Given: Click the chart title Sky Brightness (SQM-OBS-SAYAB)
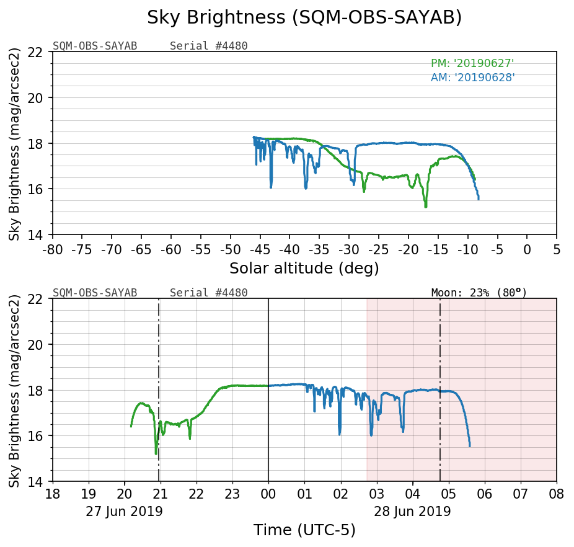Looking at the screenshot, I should pyautogui.click(x=304, y=18).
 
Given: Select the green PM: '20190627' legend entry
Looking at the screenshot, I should pyautogui.click(x=472, y=63).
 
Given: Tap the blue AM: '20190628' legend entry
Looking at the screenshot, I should pyautogui.click(x=472, y=78).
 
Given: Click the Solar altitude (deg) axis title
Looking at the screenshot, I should pyautogui.click(x=304, y=269).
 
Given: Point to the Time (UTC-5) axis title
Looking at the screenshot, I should pyautogui.click(x=304, y=530).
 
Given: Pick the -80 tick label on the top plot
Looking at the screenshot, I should pyautogui.click(x=53, y=249).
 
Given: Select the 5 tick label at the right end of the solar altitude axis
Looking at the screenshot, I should pyautogui.click(x=556, y=249).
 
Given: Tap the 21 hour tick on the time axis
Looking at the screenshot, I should pyautogui.click(x=161, y=494).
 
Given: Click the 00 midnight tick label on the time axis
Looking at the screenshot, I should pyautogui.click(x=268, y=494).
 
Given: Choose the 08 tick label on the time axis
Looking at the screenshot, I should pyautogui.click(x=556, y=494).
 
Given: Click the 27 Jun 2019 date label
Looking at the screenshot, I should pyautogui.click(x=124, y=512).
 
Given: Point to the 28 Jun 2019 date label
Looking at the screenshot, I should pyautogui.click(x=412, y=512).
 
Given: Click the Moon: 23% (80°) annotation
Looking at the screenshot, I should pyautogui.click(x=479, y=292).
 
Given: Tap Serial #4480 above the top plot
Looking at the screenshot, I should pyautogui.click(x=208, y=46).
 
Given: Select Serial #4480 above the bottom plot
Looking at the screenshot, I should pyautogui.click(x=208, y=293).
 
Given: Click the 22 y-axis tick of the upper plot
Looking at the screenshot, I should pyautogui.click(x=41, y=52).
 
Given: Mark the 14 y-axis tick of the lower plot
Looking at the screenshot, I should pyautogui.click(x=41, y=481).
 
